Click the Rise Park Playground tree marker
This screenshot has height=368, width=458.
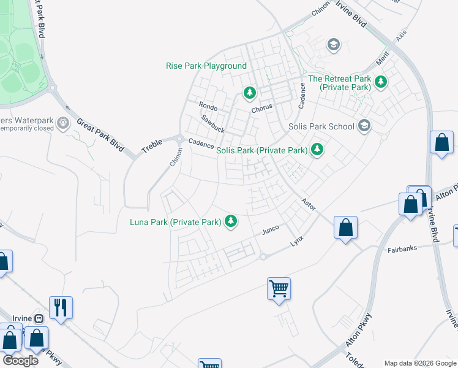click(x=249, y=93)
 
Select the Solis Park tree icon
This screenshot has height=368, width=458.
click(x=317, y=149)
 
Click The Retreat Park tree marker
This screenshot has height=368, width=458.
click(x=381, y=82)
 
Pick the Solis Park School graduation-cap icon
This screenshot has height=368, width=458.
click(x=364, y=126)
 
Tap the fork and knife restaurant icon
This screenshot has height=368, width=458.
click(x=61, y=307)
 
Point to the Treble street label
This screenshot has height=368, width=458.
click(x=152, y=146)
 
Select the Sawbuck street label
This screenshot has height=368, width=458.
click(x=213, y=122)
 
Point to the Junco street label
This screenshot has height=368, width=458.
click(x=270, y=230)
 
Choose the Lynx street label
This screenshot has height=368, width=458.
click(x=297, y=242)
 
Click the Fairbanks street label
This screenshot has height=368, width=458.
click(x=402, y=250)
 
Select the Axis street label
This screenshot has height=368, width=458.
click(x=401, y=36)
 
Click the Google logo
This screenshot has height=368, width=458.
click(x=21, y=360)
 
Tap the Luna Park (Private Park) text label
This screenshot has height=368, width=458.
click(x=175, y=221)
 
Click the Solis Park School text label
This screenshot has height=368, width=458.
click(x=321, y=126)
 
